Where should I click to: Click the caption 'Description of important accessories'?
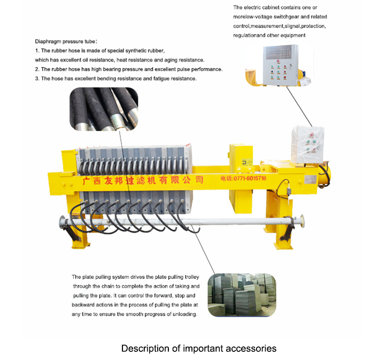pyautogui.click(x=199, y=348)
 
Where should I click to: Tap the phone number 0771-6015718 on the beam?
pyautogui.click(x=250, y=179)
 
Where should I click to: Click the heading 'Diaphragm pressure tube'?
pyautogui.click(x=65, y=42)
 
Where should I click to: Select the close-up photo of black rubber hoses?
pyautogui.click(x=104, y=109)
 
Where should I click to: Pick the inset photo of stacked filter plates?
pyautogui.click(x=242, y=295)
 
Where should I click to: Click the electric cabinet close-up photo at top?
pyautogui.click(x=279, y=65)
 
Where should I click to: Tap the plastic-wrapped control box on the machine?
pyautogui.click(x=308, y=145)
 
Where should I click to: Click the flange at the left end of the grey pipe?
pyautogui.click(x=62, y=222)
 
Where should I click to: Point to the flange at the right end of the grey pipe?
pyautogui.click(x=302, y=221)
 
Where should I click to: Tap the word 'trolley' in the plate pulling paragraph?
pyautogui.click(x=192, y=277)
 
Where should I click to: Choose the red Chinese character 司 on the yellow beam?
pyautogui.click(x=199, y=180)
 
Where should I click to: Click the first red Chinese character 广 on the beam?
pyautogui.click(x=87, y=180)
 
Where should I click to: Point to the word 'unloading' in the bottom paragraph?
pyautogui.click(x=185, y=314)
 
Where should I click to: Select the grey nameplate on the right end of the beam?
pyautogui.click(x=311, y=180)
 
